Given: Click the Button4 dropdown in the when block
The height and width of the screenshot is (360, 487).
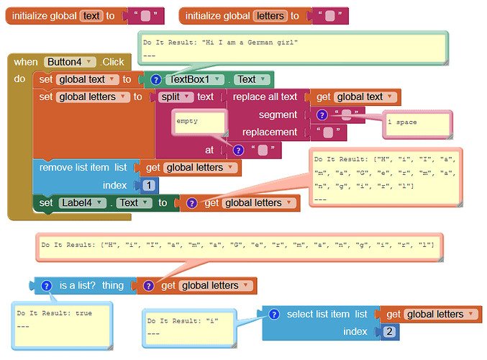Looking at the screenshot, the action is (70, 62).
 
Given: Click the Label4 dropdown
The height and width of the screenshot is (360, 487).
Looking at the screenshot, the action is (82, 203).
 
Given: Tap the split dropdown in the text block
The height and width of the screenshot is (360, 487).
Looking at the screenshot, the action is (176, 96).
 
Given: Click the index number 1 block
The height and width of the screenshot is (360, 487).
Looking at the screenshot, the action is (149, 185).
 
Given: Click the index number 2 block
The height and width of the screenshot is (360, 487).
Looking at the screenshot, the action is (389, 331).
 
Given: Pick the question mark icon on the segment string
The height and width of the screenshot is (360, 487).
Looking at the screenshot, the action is (322, 115).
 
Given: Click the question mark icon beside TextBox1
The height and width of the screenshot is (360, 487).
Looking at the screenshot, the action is (155, 80).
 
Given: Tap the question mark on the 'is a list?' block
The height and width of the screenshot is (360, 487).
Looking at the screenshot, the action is (46, 285).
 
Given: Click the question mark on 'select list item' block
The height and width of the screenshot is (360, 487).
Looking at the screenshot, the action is (274, 315).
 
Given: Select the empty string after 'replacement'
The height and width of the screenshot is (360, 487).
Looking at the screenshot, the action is (328, 132).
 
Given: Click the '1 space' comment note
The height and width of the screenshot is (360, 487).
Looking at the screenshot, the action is (417, 124).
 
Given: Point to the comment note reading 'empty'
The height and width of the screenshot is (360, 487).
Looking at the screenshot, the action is (199, 122).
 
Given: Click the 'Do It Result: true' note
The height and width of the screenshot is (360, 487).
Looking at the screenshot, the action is (62, 326).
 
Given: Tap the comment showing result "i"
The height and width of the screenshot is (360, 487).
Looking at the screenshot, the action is (189, 328).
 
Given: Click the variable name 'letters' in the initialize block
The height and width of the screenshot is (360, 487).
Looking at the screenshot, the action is (270, 16).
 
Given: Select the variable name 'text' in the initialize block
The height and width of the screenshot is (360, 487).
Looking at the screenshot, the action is (91, 16).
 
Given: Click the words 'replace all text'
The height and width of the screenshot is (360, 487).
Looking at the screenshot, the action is (265, 96).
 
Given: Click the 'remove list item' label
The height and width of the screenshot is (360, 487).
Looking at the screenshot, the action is (74, 168).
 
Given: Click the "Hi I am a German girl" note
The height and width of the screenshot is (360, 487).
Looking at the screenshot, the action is (293, 48).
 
